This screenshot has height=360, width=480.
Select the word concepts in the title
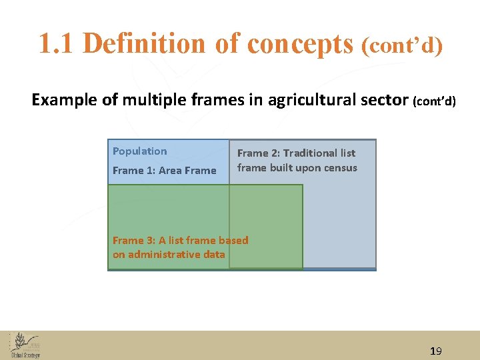(x=300, y=44)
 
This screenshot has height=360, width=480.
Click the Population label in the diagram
(x=140, y=151)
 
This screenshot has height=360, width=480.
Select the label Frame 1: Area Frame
(x=165, y=171)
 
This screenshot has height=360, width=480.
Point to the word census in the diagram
(x=340, y=168)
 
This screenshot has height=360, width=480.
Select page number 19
(x=436, y=351)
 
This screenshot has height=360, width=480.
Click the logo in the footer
(x=25, y=345)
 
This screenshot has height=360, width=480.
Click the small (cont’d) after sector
(x=434, y=101)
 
